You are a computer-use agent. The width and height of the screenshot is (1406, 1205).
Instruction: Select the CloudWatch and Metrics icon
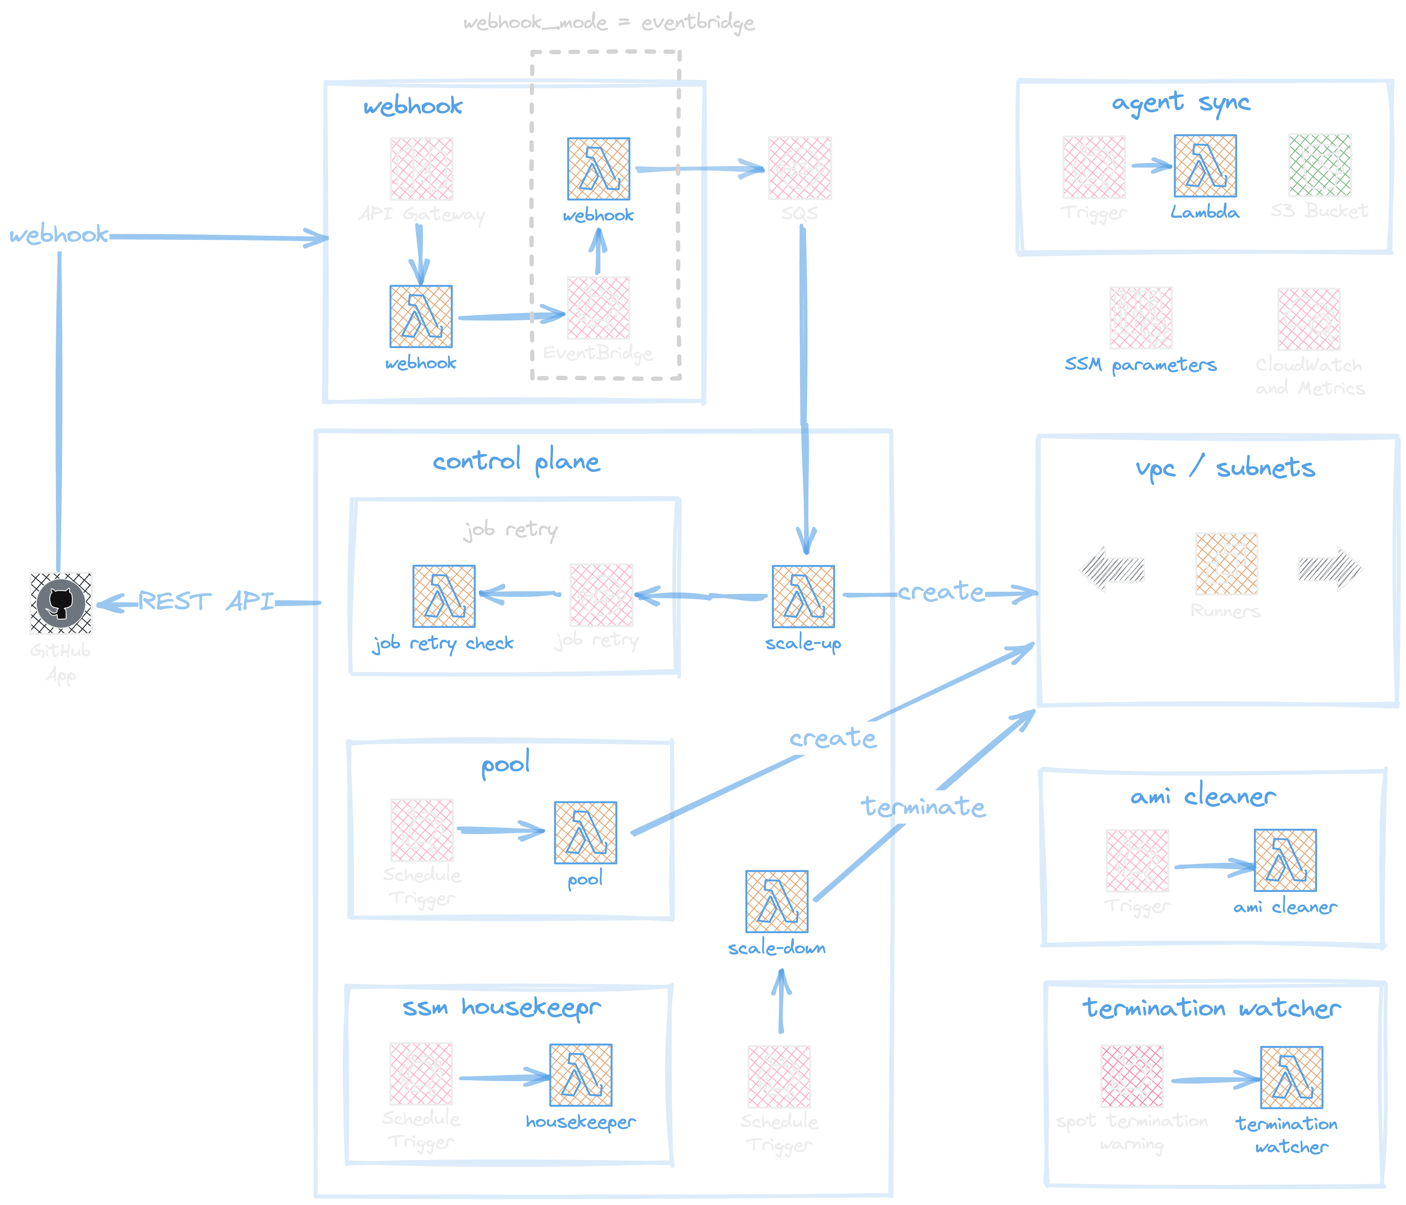tap(1308, 319)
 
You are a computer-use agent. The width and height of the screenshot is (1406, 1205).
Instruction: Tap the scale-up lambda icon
tap(803, 596)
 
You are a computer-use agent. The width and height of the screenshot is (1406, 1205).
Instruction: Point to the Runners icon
tap(1226, 563)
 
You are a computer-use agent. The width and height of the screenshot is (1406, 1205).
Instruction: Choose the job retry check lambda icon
tap(444, 596)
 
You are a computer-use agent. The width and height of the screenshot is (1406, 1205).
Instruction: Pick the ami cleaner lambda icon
tap(1285, 860)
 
